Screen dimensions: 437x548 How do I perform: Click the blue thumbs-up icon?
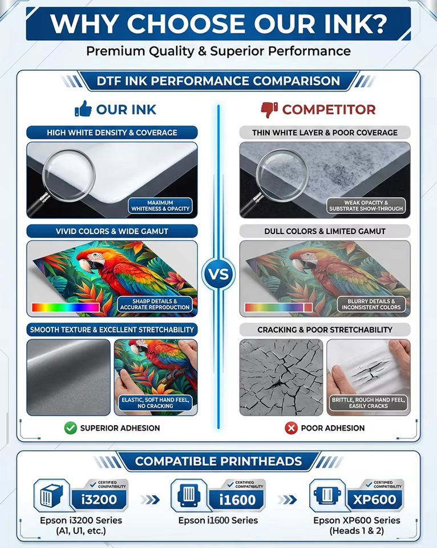click(x=83, y=108)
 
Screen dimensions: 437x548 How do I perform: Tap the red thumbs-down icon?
click(x=269, y=110)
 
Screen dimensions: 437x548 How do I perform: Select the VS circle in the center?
click(x=218, y=273)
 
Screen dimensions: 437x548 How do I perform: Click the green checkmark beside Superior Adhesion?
click(x=71, y=428)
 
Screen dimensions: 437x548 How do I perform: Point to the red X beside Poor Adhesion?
click(x=291, y=428)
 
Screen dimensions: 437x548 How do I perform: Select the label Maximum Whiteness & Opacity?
click(x=160, y=205)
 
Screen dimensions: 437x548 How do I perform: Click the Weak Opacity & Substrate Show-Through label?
click(x=366, y=205)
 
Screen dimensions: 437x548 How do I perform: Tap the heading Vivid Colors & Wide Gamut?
click(x=112, y=231)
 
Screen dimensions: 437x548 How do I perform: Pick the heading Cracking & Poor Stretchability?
click(x=325, y=329)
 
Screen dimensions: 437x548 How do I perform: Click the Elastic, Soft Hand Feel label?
click(x=155, y=402)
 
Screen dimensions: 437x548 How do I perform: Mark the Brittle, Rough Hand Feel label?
click(x=368, y=402)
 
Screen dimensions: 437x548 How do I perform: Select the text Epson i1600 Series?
click(x=218, y=521)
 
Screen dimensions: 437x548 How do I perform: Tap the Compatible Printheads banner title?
click(x=218, y=461)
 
